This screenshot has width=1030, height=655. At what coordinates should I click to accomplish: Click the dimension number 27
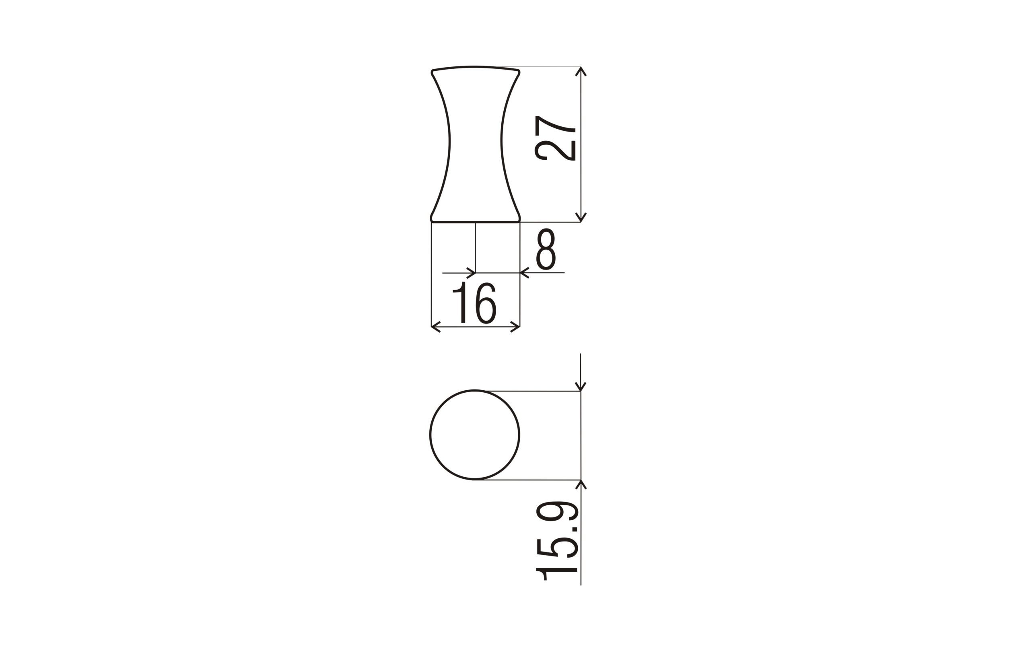pyautogui.click(x=555, y=138)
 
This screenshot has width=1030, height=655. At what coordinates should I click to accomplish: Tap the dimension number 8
pyautogui.click(x=546, y=249)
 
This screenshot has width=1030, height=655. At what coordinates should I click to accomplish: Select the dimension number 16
pyautogui.click(x=474, y=303)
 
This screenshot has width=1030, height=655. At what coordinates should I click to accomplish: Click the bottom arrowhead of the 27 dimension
pyautogui.click(x=581, y=218)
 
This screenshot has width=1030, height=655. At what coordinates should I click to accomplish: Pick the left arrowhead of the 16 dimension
pyautogui.click(x=435, y=327)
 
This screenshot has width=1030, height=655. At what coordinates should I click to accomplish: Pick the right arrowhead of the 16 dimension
pyautogui.click(x=515, y=327)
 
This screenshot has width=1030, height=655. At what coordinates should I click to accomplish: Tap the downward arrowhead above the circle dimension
pyautogui.click(x=581, y=387)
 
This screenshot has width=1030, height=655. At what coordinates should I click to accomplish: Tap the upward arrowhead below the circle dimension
pyautogui.click(x=581, y=484)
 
